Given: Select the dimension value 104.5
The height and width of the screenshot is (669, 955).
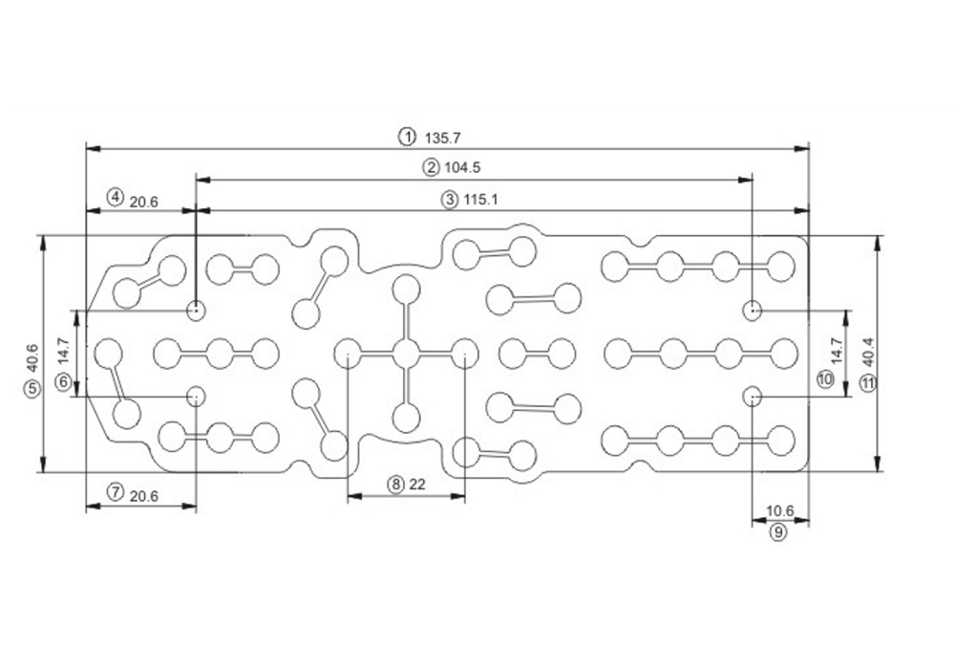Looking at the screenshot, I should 463,168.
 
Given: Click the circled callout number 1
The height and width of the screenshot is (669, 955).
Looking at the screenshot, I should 408,136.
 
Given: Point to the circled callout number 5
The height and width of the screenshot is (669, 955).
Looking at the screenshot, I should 33,389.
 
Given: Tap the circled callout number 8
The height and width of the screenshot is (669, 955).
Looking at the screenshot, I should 395,485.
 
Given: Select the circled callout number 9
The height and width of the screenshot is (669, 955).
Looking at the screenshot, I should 778,532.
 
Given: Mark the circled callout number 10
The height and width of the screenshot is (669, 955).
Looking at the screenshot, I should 826,379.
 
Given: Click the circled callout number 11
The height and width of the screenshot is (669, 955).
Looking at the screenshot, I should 867,383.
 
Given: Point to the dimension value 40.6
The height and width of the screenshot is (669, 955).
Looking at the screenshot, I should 33,356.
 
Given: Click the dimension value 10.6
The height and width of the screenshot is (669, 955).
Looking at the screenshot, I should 779,511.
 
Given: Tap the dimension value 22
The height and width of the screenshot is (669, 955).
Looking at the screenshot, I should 416,485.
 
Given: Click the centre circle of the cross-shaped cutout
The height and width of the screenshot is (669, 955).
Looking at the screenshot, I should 406,354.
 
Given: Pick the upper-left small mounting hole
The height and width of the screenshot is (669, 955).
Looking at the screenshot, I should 196,310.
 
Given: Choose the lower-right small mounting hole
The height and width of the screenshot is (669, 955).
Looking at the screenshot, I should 753,396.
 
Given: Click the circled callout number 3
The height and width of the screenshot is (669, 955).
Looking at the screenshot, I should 450,200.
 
